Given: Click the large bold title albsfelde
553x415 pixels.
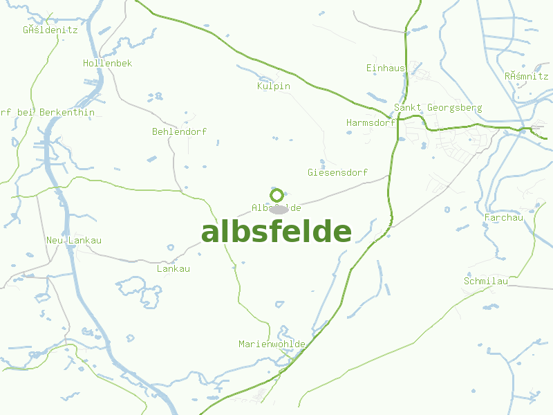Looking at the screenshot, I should coord(276,232).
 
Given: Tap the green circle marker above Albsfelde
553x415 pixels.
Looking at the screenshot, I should coord(276,195).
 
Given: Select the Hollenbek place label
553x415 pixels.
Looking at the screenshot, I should coord(107,63).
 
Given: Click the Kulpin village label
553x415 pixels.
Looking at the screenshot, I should coord(273,86).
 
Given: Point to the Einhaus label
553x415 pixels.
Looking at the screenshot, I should coord(386,68).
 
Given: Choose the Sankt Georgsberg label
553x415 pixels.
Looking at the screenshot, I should coord(438,108).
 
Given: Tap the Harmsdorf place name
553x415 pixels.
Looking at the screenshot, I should coord(370,122).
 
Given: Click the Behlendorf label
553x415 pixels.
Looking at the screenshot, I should coord(179,131).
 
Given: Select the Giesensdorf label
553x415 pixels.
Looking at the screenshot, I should coord(337,172).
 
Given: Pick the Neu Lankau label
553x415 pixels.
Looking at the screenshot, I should coord(73,240).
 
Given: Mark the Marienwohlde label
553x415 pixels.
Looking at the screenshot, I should coord(272,344).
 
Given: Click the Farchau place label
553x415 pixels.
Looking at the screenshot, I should coord(504,218).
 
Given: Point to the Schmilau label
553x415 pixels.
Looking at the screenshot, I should coord(486,282).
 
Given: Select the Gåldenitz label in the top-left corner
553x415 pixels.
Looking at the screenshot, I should coord(50,30).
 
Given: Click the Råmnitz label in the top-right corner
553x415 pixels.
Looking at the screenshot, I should coord(526,76).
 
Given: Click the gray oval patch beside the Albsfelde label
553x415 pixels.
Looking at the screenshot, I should coord(279,209).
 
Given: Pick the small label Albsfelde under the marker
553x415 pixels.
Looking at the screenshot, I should coord(276,207).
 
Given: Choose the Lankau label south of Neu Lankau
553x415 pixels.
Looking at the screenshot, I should coord(173,268).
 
